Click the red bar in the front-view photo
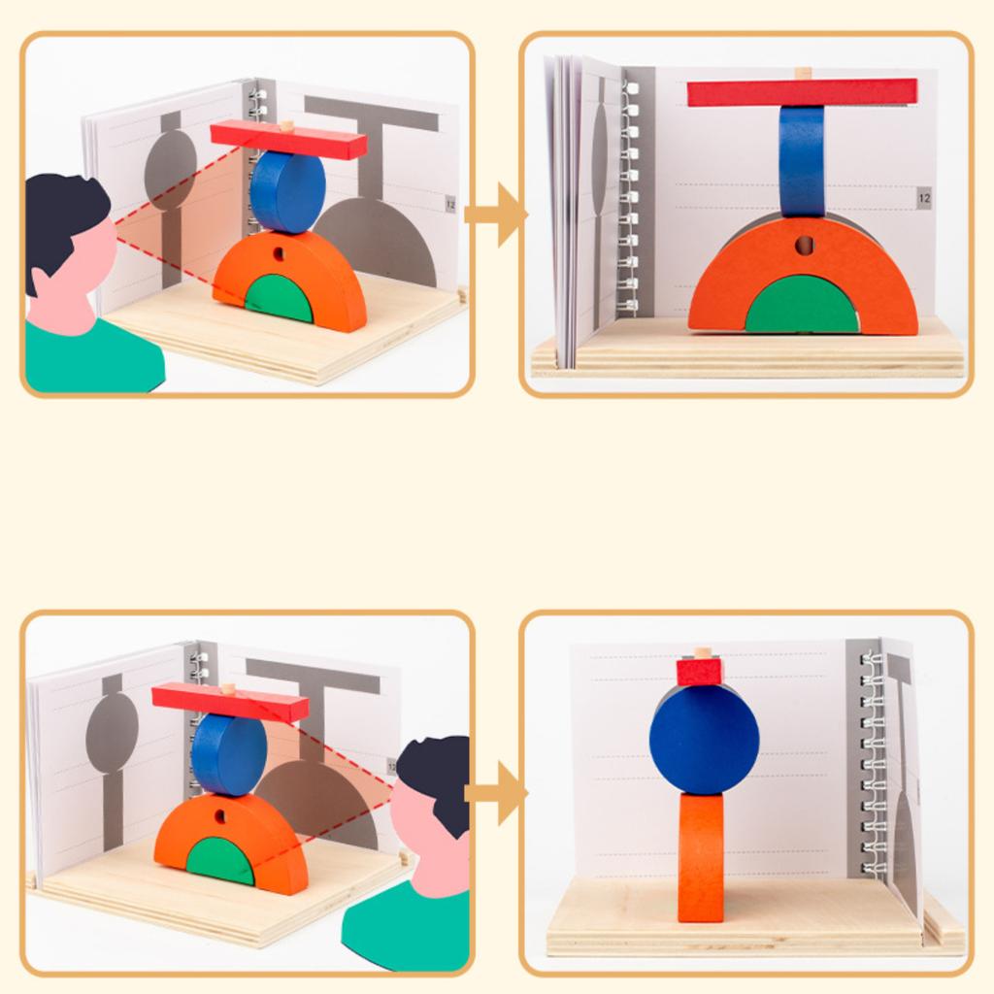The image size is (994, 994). [x=802, y=92]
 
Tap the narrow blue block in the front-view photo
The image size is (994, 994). [x=802, y=160]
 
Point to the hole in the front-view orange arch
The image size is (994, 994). [x=804, y=246]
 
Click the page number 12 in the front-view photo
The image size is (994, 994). [x=923, y=198]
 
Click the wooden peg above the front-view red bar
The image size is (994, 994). [x=802, y=73]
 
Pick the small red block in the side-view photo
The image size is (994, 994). [x=700, y=672]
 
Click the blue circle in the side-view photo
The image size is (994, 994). [x=704, y=738]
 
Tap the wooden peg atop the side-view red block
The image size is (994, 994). [x=701, y=652]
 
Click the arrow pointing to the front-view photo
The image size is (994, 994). [x=496, y=215]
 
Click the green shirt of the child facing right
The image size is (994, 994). [x=87, y=359]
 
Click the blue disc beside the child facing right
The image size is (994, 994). [x=287, y=191]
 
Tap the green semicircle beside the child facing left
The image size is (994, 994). [x=220, y=859]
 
